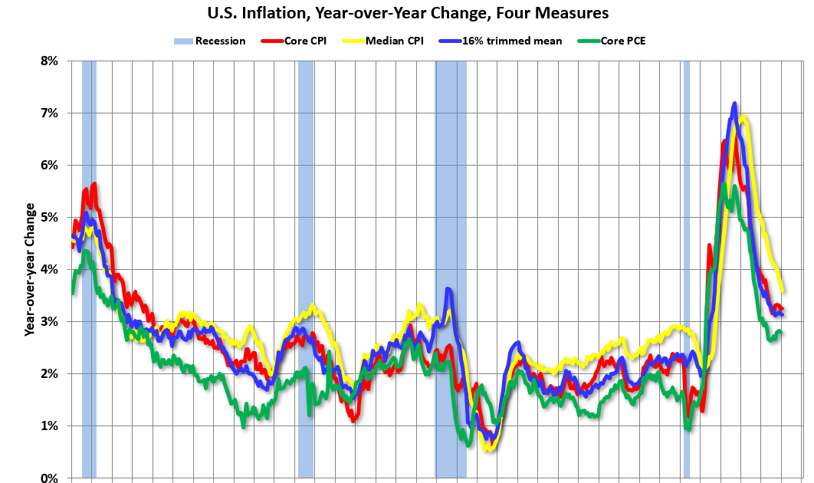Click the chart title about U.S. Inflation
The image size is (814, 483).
pyautogui.click(x=406, y=12)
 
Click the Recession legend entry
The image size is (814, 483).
pyautogui.click(x=210, y=41)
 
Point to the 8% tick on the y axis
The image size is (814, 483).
pyautogui.click(x=48, y=61)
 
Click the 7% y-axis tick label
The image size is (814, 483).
pyautogui.click(x=48, y=113)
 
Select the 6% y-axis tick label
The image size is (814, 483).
pyautogui.click(x=48, y=165)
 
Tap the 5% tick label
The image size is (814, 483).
pyautogui.click(x=48, y=217)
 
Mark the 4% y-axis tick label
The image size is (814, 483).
pyautogui.click(x=48, y=269)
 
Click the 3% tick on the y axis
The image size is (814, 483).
pyautogui.click(x=48, y=321)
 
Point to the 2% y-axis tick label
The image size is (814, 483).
pyautogui.click(x=48, y=373)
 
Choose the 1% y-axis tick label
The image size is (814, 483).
pyautogui.click(x=48, y=426)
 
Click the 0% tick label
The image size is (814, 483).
pyautogui.click(x=48, y=478)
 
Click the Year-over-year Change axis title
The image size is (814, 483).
pyautogui.click(x=30, y=269)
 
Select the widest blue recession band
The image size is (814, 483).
pyautogui.click(x=451, y=268)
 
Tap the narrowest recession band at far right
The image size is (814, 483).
pyautogui.click(x=686, y=268)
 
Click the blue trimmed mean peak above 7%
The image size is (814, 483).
pyautogui.click(x=734, y=103)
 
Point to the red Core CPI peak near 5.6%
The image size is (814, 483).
pyautogui.click(x=94, y=184)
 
